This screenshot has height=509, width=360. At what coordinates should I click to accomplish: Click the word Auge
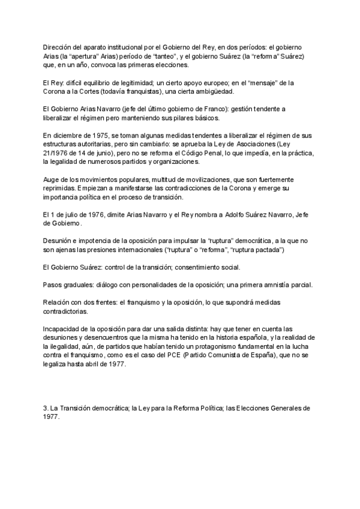(52, 179)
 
